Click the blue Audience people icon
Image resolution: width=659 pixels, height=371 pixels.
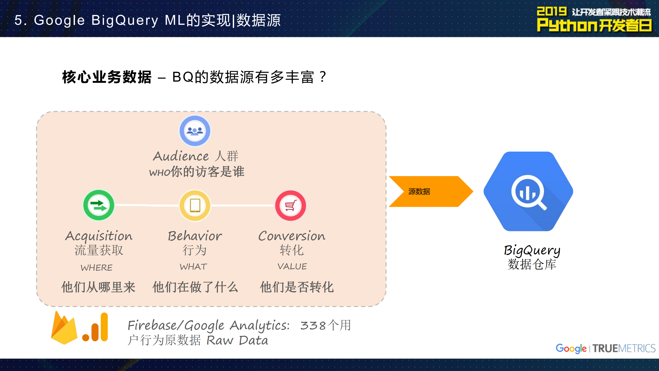click(x=195, y=131)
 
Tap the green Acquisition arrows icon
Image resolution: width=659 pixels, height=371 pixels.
click(x=99, y=205)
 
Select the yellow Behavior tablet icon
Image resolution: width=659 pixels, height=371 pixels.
click(x=195, y=205)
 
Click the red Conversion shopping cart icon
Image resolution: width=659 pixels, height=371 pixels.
click(x=291, y=205)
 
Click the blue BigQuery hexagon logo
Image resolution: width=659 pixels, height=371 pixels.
click(x=528, y=192)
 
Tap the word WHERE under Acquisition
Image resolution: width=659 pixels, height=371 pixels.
click(x=97, y=268)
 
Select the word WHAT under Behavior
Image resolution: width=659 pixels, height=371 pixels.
click(x=193, y=267)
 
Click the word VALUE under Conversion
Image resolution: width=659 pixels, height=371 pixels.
click(x=292, y=266)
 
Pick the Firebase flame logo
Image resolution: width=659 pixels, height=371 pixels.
click(x=64, y=329)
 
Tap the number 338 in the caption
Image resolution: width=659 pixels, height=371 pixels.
click(x=313, y=326)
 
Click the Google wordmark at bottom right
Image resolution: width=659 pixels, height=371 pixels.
click(x=571, y=349)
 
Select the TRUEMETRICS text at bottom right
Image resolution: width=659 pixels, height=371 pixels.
click(x=624, y=349)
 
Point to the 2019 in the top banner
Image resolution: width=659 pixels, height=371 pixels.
click(x=551, y=12)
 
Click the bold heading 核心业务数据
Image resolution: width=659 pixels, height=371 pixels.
click(x=107, y=77)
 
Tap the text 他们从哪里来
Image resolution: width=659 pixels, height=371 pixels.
click(x=98, y=287)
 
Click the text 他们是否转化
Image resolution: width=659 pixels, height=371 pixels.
click(x=297, y=287)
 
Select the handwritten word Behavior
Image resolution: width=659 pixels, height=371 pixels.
click(x=195, y=236)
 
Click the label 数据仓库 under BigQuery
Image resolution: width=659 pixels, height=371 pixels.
click(x=532, y=264)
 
